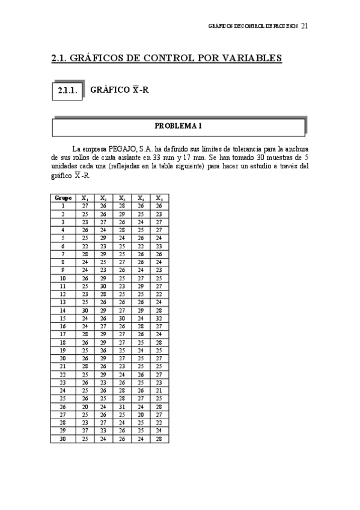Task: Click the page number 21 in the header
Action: click(305, 26)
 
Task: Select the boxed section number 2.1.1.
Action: click(67, 91)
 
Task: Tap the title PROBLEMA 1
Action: click(178, 126)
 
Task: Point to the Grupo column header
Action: click(63, 198)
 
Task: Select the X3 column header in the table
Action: click(122, 198)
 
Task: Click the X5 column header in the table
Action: click(159, 198)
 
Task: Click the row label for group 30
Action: click(63, 438)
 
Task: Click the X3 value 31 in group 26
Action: click(122, 406)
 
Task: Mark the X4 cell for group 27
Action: click(141, 414)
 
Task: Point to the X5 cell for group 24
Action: click(159, 390)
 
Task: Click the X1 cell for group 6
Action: click(85, 245)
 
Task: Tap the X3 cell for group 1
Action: click(122, 206)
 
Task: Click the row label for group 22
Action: click(63, 373)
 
